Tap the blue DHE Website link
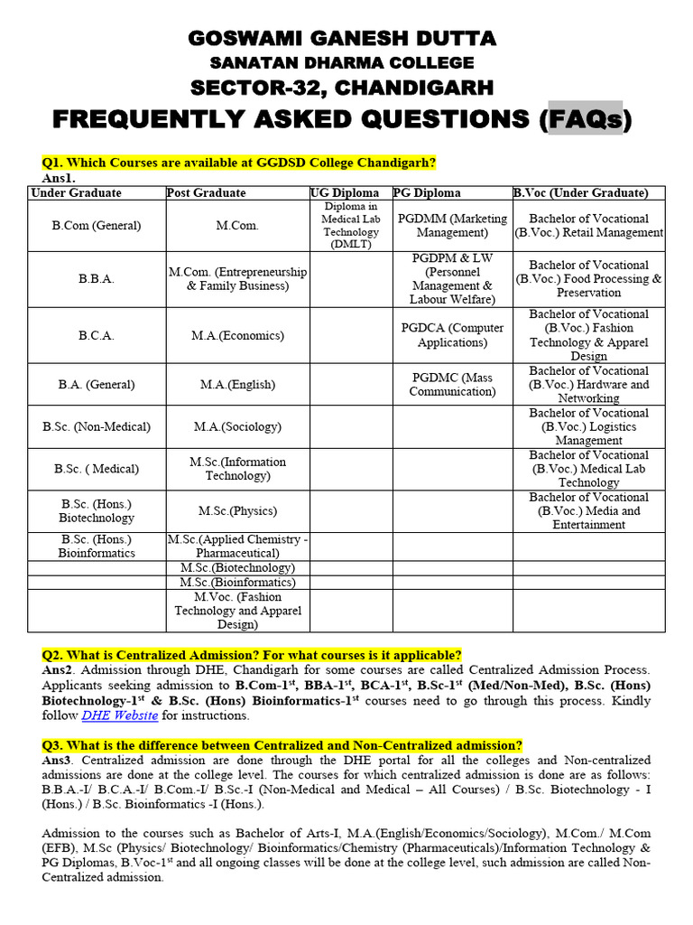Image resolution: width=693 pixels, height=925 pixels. click(120, 715)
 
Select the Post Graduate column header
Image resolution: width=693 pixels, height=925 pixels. click(206, 193)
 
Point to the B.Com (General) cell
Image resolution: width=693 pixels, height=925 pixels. click(97, 226)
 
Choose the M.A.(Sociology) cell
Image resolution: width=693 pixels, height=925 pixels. click(237, 426)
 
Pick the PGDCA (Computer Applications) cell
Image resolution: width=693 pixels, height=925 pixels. click(452, 335)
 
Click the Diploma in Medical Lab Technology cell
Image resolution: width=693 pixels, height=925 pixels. click(351, 226)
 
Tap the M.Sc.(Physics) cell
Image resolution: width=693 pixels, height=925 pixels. click(237, 511)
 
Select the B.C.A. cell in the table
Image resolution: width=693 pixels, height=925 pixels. click(97, 335)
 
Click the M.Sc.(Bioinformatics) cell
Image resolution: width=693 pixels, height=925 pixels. click(237, 583)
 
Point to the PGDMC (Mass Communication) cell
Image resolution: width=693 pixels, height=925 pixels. click(452, 384)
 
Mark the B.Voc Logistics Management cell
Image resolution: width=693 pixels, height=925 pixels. click(588, 426)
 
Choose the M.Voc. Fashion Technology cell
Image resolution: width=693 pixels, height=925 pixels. click(237, 611)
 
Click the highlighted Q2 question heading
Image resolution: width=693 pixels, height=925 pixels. click(252, 655)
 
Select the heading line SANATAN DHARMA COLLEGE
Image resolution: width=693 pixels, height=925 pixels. click(342, 62)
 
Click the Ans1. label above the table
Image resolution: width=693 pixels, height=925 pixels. click(59, 179)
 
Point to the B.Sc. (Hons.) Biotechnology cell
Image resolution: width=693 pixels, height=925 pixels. click(97, 511)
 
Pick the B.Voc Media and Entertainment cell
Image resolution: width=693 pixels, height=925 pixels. click(588, 511)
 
